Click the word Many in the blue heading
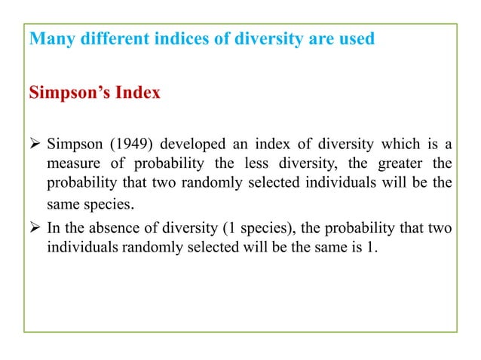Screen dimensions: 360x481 [48, 38]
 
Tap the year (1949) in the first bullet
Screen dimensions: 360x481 [119, 145]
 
